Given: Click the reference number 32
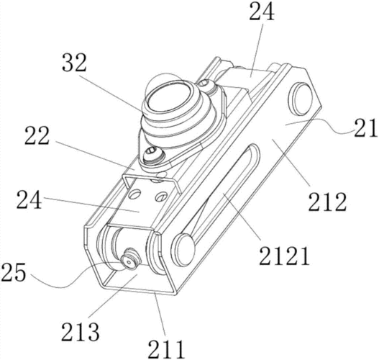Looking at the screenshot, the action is click(x=74, y=62).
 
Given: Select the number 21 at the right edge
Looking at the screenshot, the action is click(x=366, y=129).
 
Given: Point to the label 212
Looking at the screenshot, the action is click(x=327, y=202).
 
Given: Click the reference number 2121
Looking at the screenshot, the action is click(x=284, y=256).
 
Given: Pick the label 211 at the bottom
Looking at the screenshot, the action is click(x=166, y=349).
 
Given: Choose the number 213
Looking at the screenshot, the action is click(x=81, y=332).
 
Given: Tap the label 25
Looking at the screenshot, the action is click(x=13, y=272).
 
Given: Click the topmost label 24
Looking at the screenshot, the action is click(x=262, y=12).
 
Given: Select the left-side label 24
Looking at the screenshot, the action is click(x=29, y=200).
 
